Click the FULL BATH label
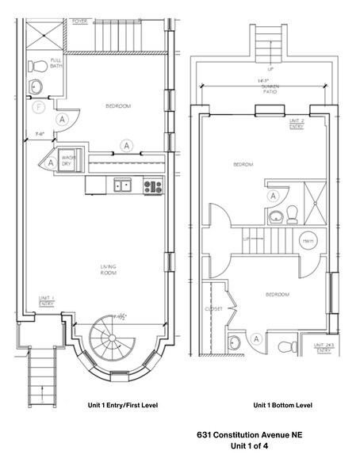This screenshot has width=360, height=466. tap(56, 63)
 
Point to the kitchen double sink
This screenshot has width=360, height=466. tap(122, 186)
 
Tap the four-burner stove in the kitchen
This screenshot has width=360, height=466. tap(152, 186)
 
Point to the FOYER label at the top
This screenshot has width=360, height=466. tap(80, 22)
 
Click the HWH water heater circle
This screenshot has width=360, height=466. tap(308, 240)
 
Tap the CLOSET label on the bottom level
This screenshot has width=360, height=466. tap(214, 309)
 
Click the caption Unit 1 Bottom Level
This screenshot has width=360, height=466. tap(284, 405)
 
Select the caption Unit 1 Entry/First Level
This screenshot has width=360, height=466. tap(123, 405)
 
